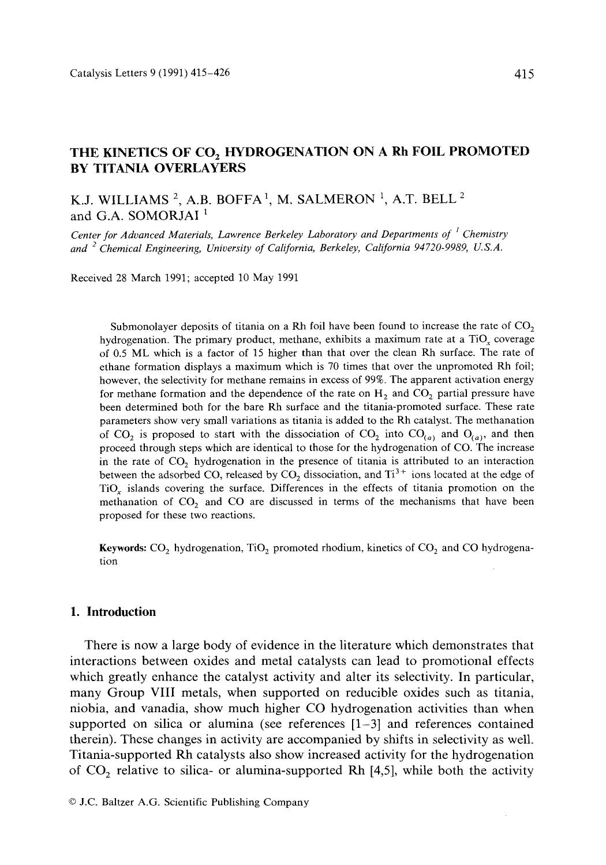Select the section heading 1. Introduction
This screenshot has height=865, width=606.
pos(113,612)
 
